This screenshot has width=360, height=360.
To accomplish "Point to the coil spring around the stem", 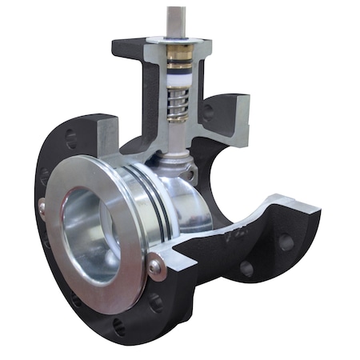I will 177,105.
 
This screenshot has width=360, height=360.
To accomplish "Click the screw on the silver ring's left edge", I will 42,207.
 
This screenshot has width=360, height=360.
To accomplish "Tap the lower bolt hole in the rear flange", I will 246,270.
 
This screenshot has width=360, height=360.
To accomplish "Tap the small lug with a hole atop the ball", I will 190,172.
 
